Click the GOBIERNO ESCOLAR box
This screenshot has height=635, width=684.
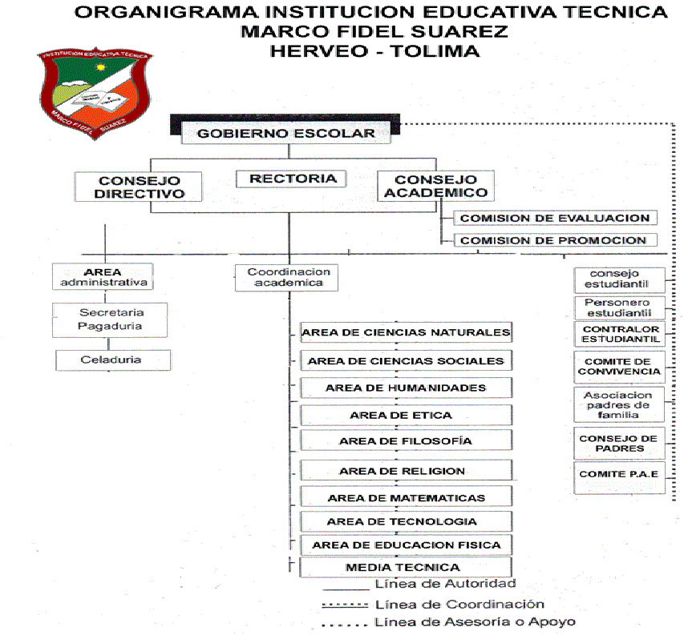pos(285,133)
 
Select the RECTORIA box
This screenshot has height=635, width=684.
pos(291,179)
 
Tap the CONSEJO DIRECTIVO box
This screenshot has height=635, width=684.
pos(138,187)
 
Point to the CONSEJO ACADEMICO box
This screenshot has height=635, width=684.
pos(435,186)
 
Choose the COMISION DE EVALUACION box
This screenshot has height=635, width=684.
pos(556,218)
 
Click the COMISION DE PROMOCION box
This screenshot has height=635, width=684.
pos(556,240)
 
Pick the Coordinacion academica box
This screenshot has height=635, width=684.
pos(286,277)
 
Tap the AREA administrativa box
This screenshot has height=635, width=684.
pos(103,276)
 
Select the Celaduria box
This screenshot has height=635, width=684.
pos(113,360)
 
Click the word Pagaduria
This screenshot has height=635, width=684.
pos(110,326)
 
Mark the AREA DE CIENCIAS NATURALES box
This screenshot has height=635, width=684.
pos(406,332)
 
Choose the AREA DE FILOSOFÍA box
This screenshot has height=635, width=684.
pos(406,440)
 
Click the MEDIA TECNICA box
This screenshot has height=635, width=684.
pos(406,567)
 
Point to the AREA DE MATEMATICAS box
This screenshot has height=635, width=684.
pos(406,497)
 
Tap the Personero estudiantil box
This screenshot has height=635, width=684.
pos(619,308)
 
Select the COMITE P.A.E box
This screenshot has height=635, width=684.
pos(619,478)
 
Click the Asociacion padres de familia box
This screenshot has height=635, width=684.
pos(619,405)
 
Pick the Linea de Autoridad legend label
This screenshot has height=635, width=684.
pos(445,584)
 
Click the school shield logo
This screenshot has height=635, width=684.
pos(95,93)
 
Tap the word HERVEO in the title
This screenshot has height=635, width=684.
pos(319,51)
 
